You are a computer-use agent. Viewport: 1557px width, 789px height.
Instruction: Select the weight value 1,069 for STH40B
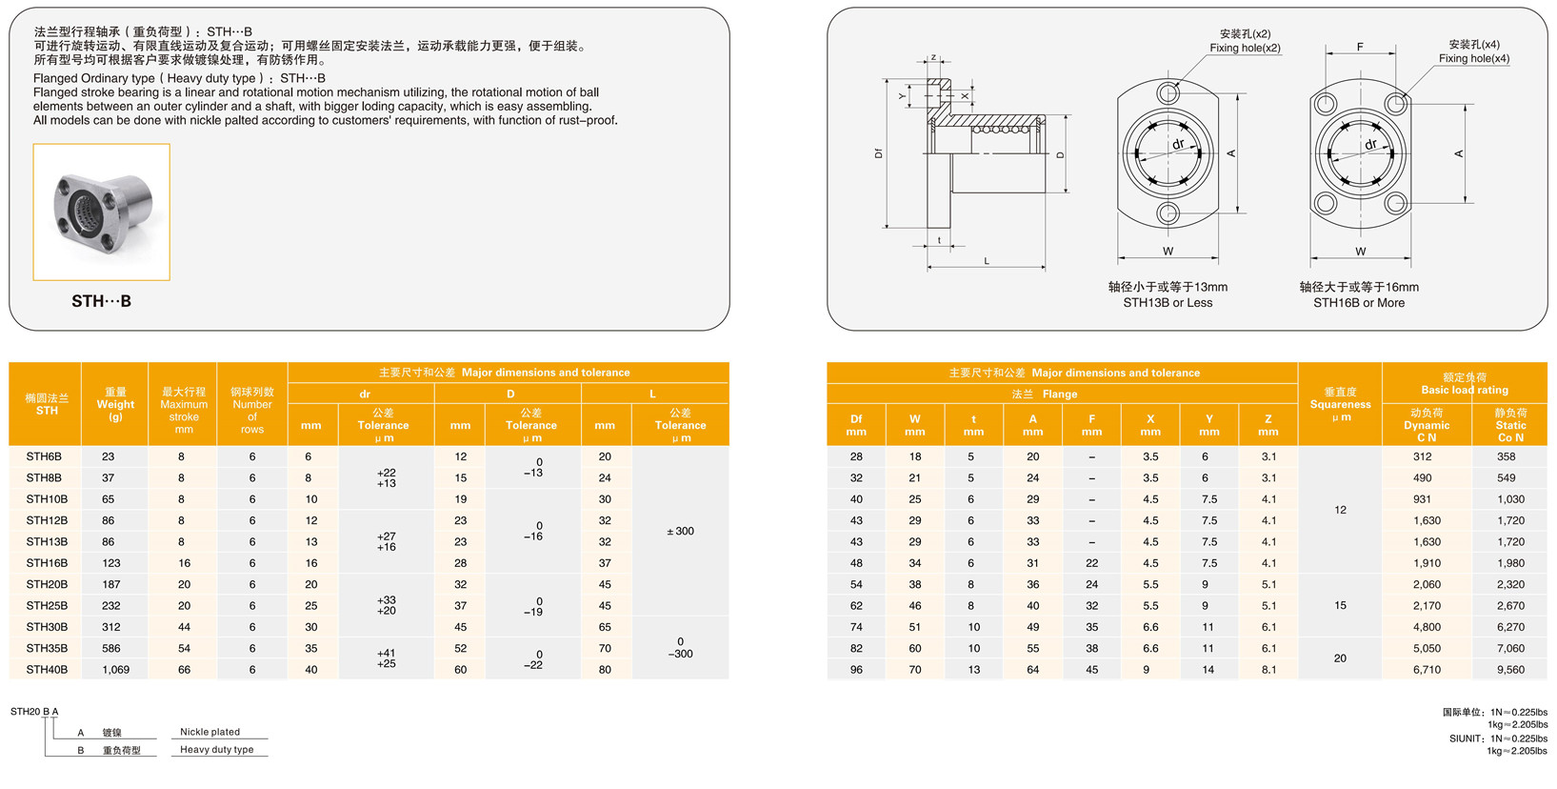click(115, 669)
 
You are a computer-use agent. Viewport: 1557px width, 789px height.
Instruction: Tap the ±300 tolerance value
click(681, 531)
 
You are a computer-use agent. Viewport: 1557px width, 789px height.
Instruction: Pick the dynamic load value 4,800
click(1427, 627)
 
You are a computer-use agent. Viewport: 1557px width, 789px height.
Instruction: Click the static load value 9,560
click(1510, 669)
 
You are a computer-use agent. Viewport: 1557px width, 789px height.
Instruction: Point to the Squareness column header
click(1340, 404)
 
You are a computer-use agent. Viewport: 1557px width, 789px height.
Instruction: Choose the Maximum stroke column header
click(184, 411)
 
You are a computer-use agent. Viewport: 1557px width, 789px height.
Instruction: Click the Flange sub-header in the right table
click(1044, 394)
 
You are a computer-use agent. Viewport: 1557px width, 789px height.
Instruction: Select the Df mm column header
click(856, 425)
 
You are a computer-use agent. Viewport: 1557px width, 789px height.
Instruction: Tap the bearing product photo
click(102, 212)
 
